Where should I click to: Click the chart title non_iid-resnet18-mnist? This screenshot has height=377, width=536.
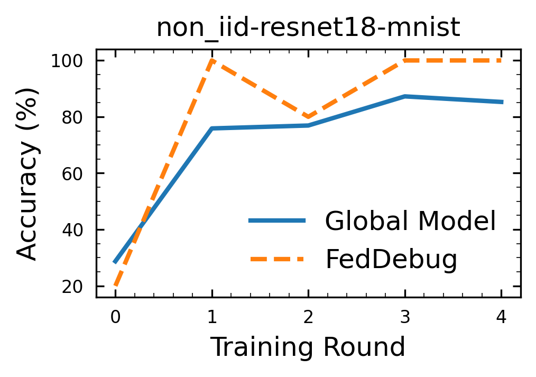[308, 29]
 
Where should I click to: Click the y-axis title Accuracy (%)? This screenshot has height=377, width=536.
[27, 173]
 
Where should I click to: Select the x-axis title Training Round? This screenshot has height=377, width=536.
[308, 347]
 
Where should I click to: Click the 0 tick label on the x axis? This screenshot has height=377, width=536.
[115, 317]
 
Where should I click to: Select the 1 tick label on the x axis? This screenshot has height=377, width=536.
[212, 317]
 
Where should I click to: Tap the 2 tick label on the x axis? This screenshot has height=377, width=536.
[308, 317]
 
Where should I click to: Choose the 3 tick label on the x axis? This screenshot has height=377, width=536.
[405, 317]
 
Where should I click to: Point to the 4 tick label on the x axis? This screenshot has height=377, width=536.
[502, 317]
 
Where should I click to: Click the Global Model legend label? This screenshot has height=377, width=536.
[410, 221]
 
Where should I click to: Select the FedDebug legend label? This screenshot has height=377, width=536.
[391, 259]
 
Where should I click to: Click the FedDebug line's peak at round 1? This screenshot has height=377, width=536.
[212, 60]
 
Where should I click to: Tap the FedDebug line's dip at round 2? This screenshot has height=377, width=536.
[308, 117]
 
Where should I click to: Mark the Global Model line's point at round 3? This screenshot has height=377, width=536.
[405, 96]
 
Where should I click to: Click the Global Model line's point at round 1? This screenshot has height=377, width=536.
[212, 128]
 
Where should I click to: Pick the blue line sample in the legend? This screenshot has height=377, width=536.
[277, 220]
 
